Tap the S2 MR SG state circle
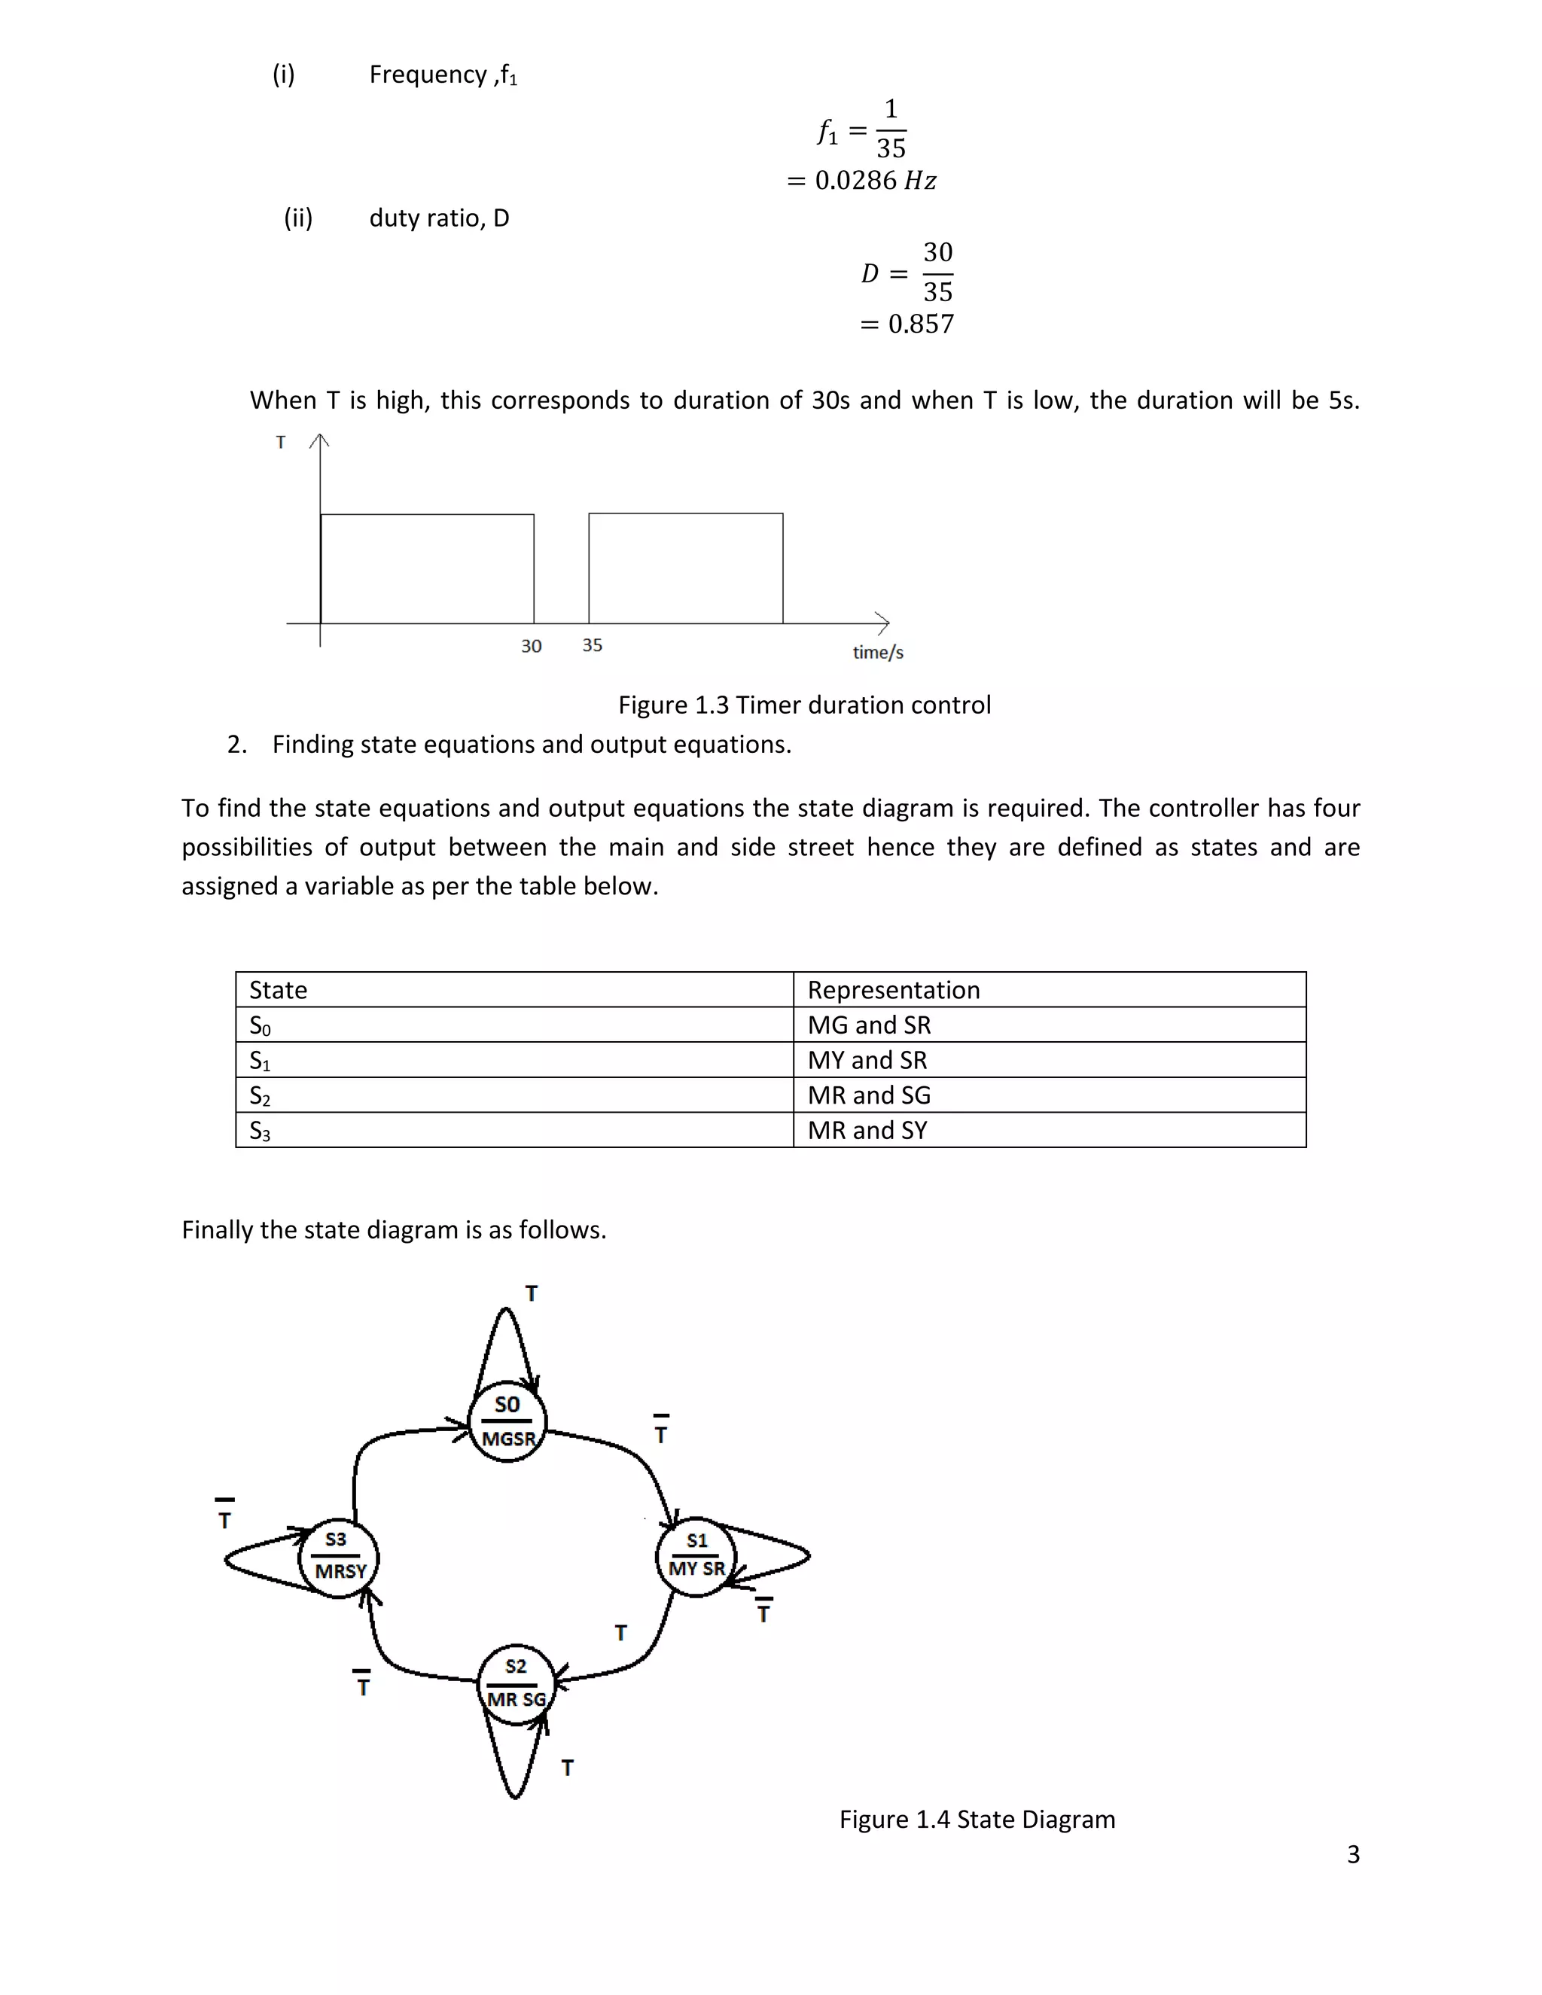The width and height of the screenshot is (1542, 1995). tap(516, 1683)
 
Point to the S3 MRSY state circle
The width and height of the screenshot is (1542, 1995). tap(338, 1557)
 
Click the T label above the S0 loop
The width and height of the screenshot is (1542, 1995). tap(531, 1293)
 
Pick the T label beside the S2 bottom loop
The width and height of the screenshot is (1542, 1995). tap(567, 1768)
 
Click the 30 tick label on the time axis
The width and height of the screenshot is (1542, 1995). tap(531, 646)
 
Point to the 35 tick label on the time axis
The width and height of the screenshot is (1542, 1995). tap(592, 645)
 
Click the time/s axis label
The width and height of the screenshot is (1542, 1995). tap(878, 652)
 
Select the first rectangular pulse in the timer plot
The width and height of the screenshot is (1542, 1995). tap(427, 568)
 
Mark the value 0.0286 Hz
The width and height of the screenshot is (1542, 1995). tap(874, 181)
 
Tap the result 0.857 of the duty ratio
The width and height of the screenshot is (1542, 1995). tap(920, 324)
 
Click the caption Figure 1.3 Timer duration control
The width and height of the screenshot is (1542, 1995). tap(804, 705)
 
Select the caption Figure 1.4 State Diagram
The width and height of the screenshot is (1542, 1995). tap(977, 1820)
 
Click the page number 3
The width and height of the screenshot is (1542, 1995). tap(1353, 1854)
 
